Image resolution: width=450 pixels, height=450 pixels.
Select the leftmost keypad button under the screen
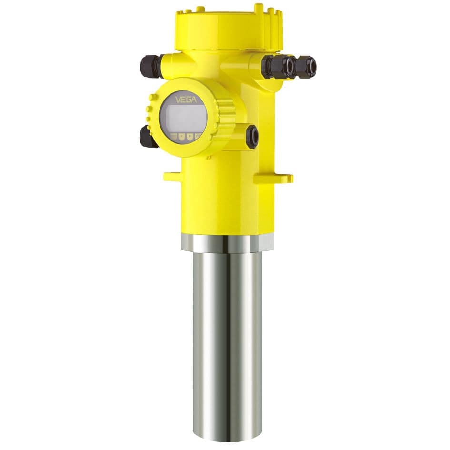coord(173,137)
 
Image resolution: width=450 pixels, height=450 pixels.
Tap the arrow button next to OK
coord(190,137)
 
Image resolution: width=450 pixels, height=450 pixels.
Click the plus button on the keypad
coord(182,137)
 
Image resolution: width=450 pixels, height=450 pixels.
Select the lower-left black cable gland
coord(148,137)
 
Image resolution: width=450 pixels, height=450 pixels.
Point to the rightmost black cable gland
coord(304,66)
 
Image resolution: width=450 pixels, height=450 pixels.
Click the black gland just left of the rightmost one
coord(278,66)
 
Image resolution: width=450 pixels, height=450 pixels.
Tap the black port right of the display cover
coord(252,136)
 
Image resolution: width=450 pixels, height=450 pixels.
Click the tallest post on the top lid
coord(259,9)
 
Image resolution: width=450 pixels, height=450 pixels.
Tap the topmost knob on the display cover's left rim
coord(152,98)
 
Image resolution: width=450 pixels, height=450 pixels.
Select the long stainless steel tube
coord(227,343)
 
